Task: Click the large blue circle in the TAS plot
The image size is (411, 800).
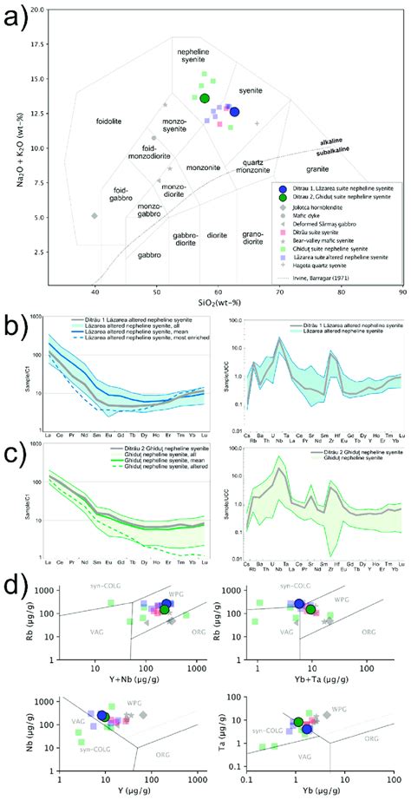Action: (x=235, y=112)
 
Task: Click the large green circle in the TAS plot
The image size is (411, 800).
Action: (x=205, y=98)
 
